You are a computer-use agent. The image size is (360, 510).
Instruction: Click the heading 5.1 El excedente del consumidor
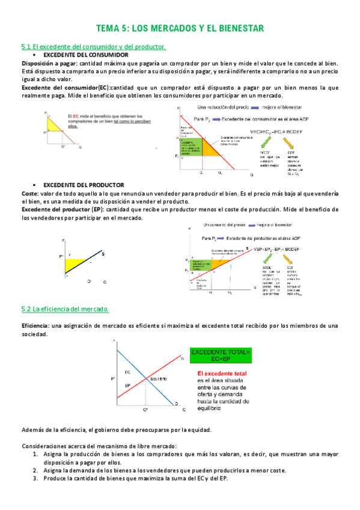click(x=93, y=47)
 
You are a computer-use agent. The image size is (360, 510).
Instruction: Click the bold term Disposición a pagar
click(x=49, y=63)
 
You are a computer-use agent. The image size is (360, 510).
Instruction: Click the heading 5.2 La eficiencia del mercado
click(x=64, y=309)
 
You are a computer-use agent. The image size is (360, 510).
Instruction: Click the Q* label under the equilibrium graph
click(x=145, y=410)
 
